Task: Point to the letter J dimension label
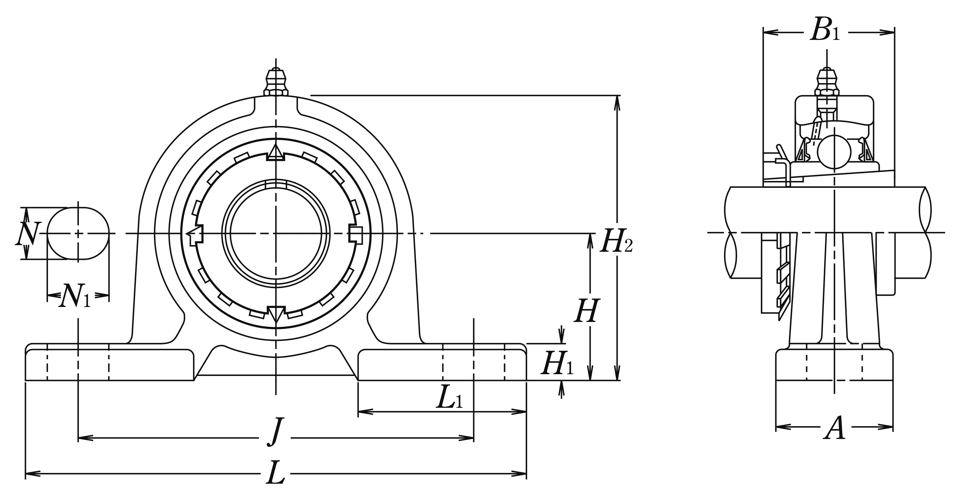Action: [275, 431]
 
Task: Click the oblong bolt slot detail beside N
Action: [78, 233]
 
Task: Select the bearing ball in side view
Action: [834, 152]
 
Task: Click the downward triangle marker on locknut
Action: [276, 314]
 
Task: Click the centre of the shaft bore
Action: [276, 233]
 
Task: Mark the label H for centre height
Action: [586, 310]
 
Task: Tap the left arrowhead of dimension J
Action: [86, 437]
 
